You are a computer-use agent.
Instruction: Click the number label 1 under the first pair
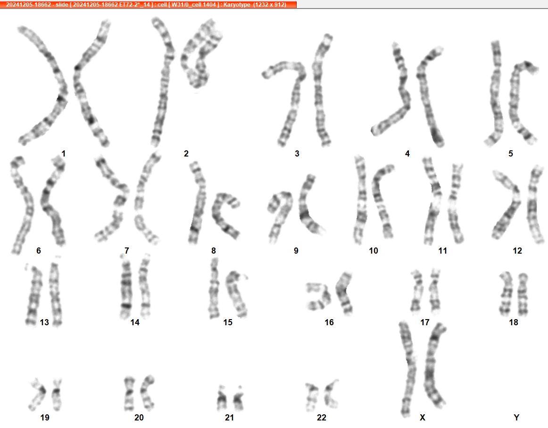pos(63,153)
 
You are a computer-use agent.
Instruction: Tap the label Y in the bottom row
pos(516,417)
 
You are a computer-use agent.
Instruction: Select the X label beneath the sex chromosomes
pos(423,417)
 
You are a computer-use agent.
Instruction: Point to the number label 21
pos(229,417)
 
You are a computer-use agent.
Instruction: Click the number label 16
pos(329,322)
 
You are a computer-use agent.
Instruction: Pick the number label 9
pos(296,250)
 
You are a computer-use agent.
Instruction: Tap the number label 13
pos(44,322)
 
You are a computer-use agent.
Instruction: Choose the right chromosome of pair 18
pos(523,294)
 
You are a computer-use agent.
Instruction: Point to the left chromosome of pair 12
pos(507,206)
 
